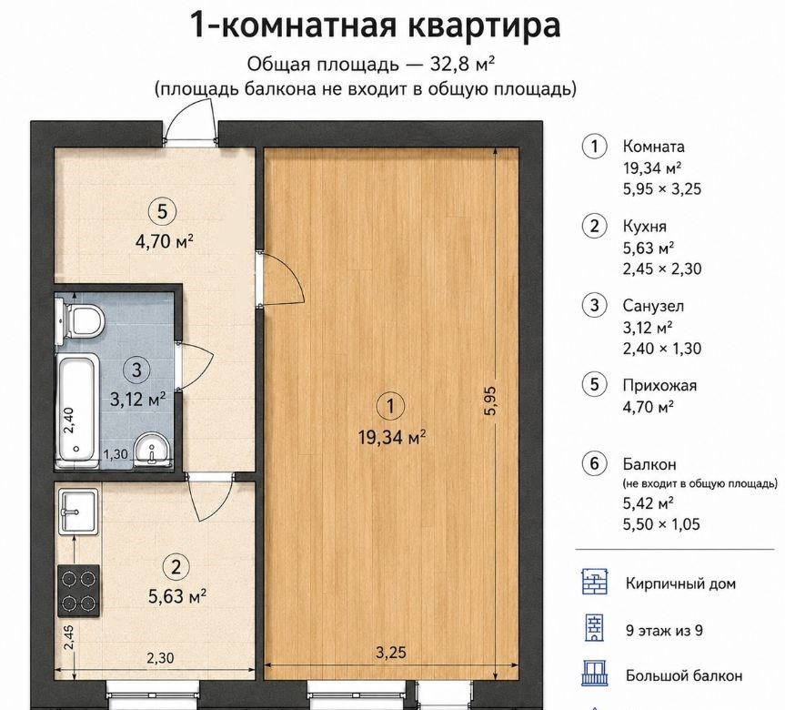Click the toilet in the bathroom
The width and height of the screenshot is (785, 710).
click(80, 321)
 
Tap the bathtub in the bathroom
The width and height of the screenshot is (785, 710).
click(77, 410)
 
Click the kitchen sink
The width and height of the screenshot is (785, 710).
click(78, 512)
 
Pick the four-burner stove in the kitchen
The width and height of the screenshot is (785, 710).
click(78, 590)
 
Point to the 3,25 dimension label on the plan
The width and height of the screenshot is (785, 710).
click(391, 653)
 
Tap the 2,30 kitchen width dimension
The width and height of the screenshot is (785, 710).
click(160, 657)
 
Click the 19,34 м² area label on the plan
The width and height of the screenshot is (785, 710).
click(392, 438)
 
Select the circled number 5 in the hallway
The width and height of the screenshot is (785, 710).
click(162, 211)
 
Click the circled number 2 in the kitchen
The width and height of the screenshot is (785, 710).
click(176, 567)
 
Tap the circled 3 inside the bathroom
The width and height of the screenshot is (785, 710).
click(136, 370)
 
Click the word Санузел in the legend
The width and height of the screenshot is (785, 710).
click(653, 306)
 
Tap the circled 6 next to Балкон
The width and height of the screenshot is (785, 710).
click(594, 463)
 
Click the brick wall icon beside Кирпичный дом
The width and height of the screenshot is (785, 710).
click(595, 582)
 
